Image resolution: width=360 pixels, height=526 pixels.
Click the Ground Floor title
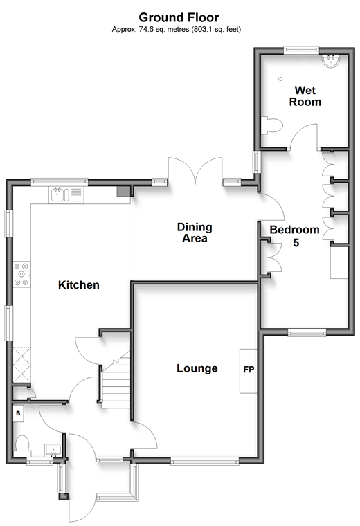(x=179, y=17)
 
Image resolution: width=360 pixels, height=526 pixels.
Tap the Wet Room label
(x=305, y=96)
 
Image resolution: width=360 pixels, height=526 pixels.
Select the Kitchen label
(x=78, y=285)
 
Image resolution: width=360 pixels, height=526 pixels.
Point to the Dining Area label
(x=195, y=233)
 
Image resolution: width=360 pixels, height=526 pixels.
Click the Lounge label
(x=197, y=368)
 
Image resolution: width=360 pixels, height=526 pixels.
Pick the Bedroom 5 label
(x=294, y=236)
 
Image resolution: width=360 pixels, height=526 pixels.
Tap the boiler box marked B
(x=18, y=413)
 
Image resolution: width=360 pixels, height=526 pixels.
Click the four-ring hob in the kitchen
(x=21, y=274)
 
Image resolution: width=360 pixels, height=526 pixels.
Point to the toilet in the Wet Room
(x=271, y=126)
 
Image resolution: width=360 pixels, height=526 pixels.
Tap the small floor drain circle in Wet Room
(x=280, y=79)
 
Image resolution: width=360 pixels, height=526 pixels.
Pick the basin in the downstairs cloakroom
(x=53, y=450)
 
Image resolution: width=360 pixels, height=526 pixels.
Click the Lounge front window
(x=205, y=461)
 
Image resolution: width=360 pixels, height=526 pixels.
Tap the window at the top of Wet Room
(x=301, y=51)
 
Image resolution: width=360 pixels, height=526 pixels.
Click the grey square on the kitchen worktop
(x=123, y=191)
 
